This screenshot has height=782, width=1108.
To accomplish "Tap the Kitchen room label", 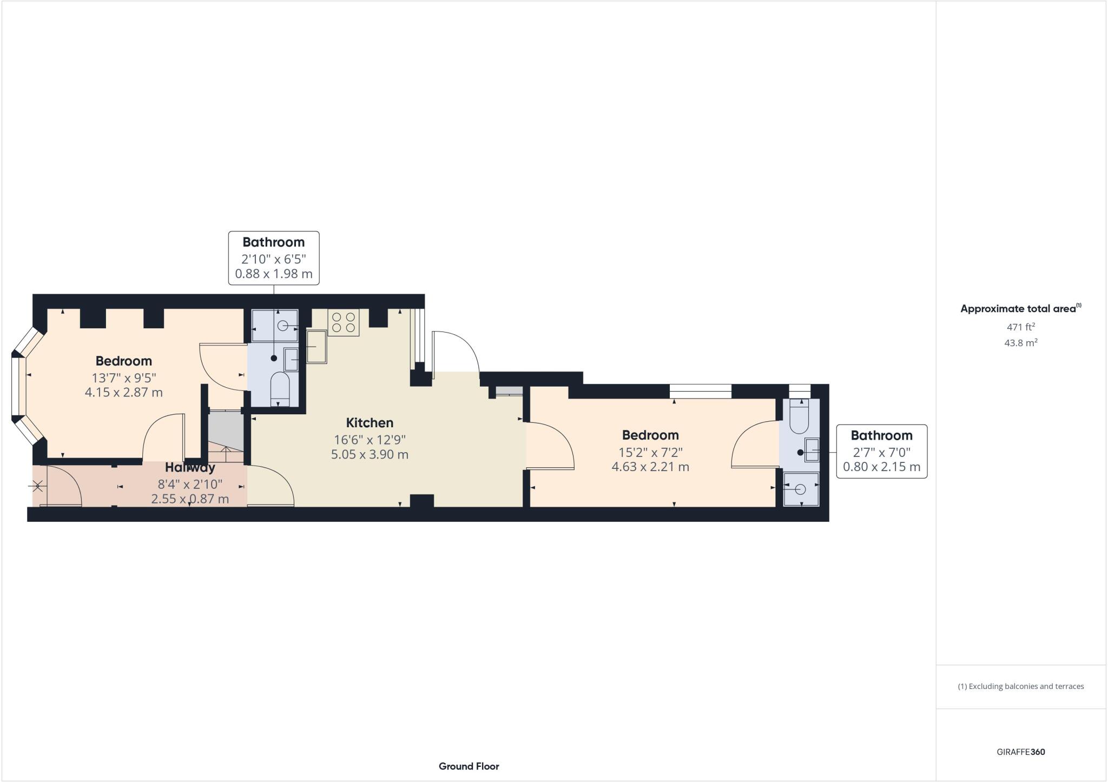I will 370,423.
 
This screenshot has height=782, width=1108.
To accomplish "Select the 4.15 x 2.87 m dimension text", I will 123,393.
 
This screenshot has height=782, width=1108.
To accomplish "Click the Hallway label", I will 190,468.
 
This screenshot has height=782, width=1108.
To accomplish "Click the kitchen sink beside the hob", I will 316,347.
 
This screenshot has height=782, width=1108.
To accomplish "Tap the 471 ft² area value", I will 1020,327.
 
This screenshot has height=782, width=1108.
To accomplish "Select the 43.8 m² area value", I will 1020,343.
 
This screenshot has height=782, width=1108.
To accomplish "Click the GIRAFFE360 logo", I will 1020,752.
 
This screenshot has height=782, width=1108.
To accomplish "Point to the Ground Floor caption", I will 469,766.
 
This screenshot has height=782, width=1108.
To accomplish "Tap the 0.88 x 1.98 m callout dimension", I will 274,274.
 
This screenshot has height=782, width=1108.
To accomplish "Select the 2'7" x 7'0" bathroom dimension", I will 881,452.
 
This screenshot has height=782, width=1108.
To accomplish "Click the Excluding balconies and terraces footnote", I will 1020,686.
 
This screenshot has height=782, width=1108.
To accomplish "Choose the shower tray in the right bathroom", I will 801,489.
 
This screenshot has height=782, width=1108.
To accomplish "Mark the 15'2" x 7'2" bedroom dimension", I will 650,452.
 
